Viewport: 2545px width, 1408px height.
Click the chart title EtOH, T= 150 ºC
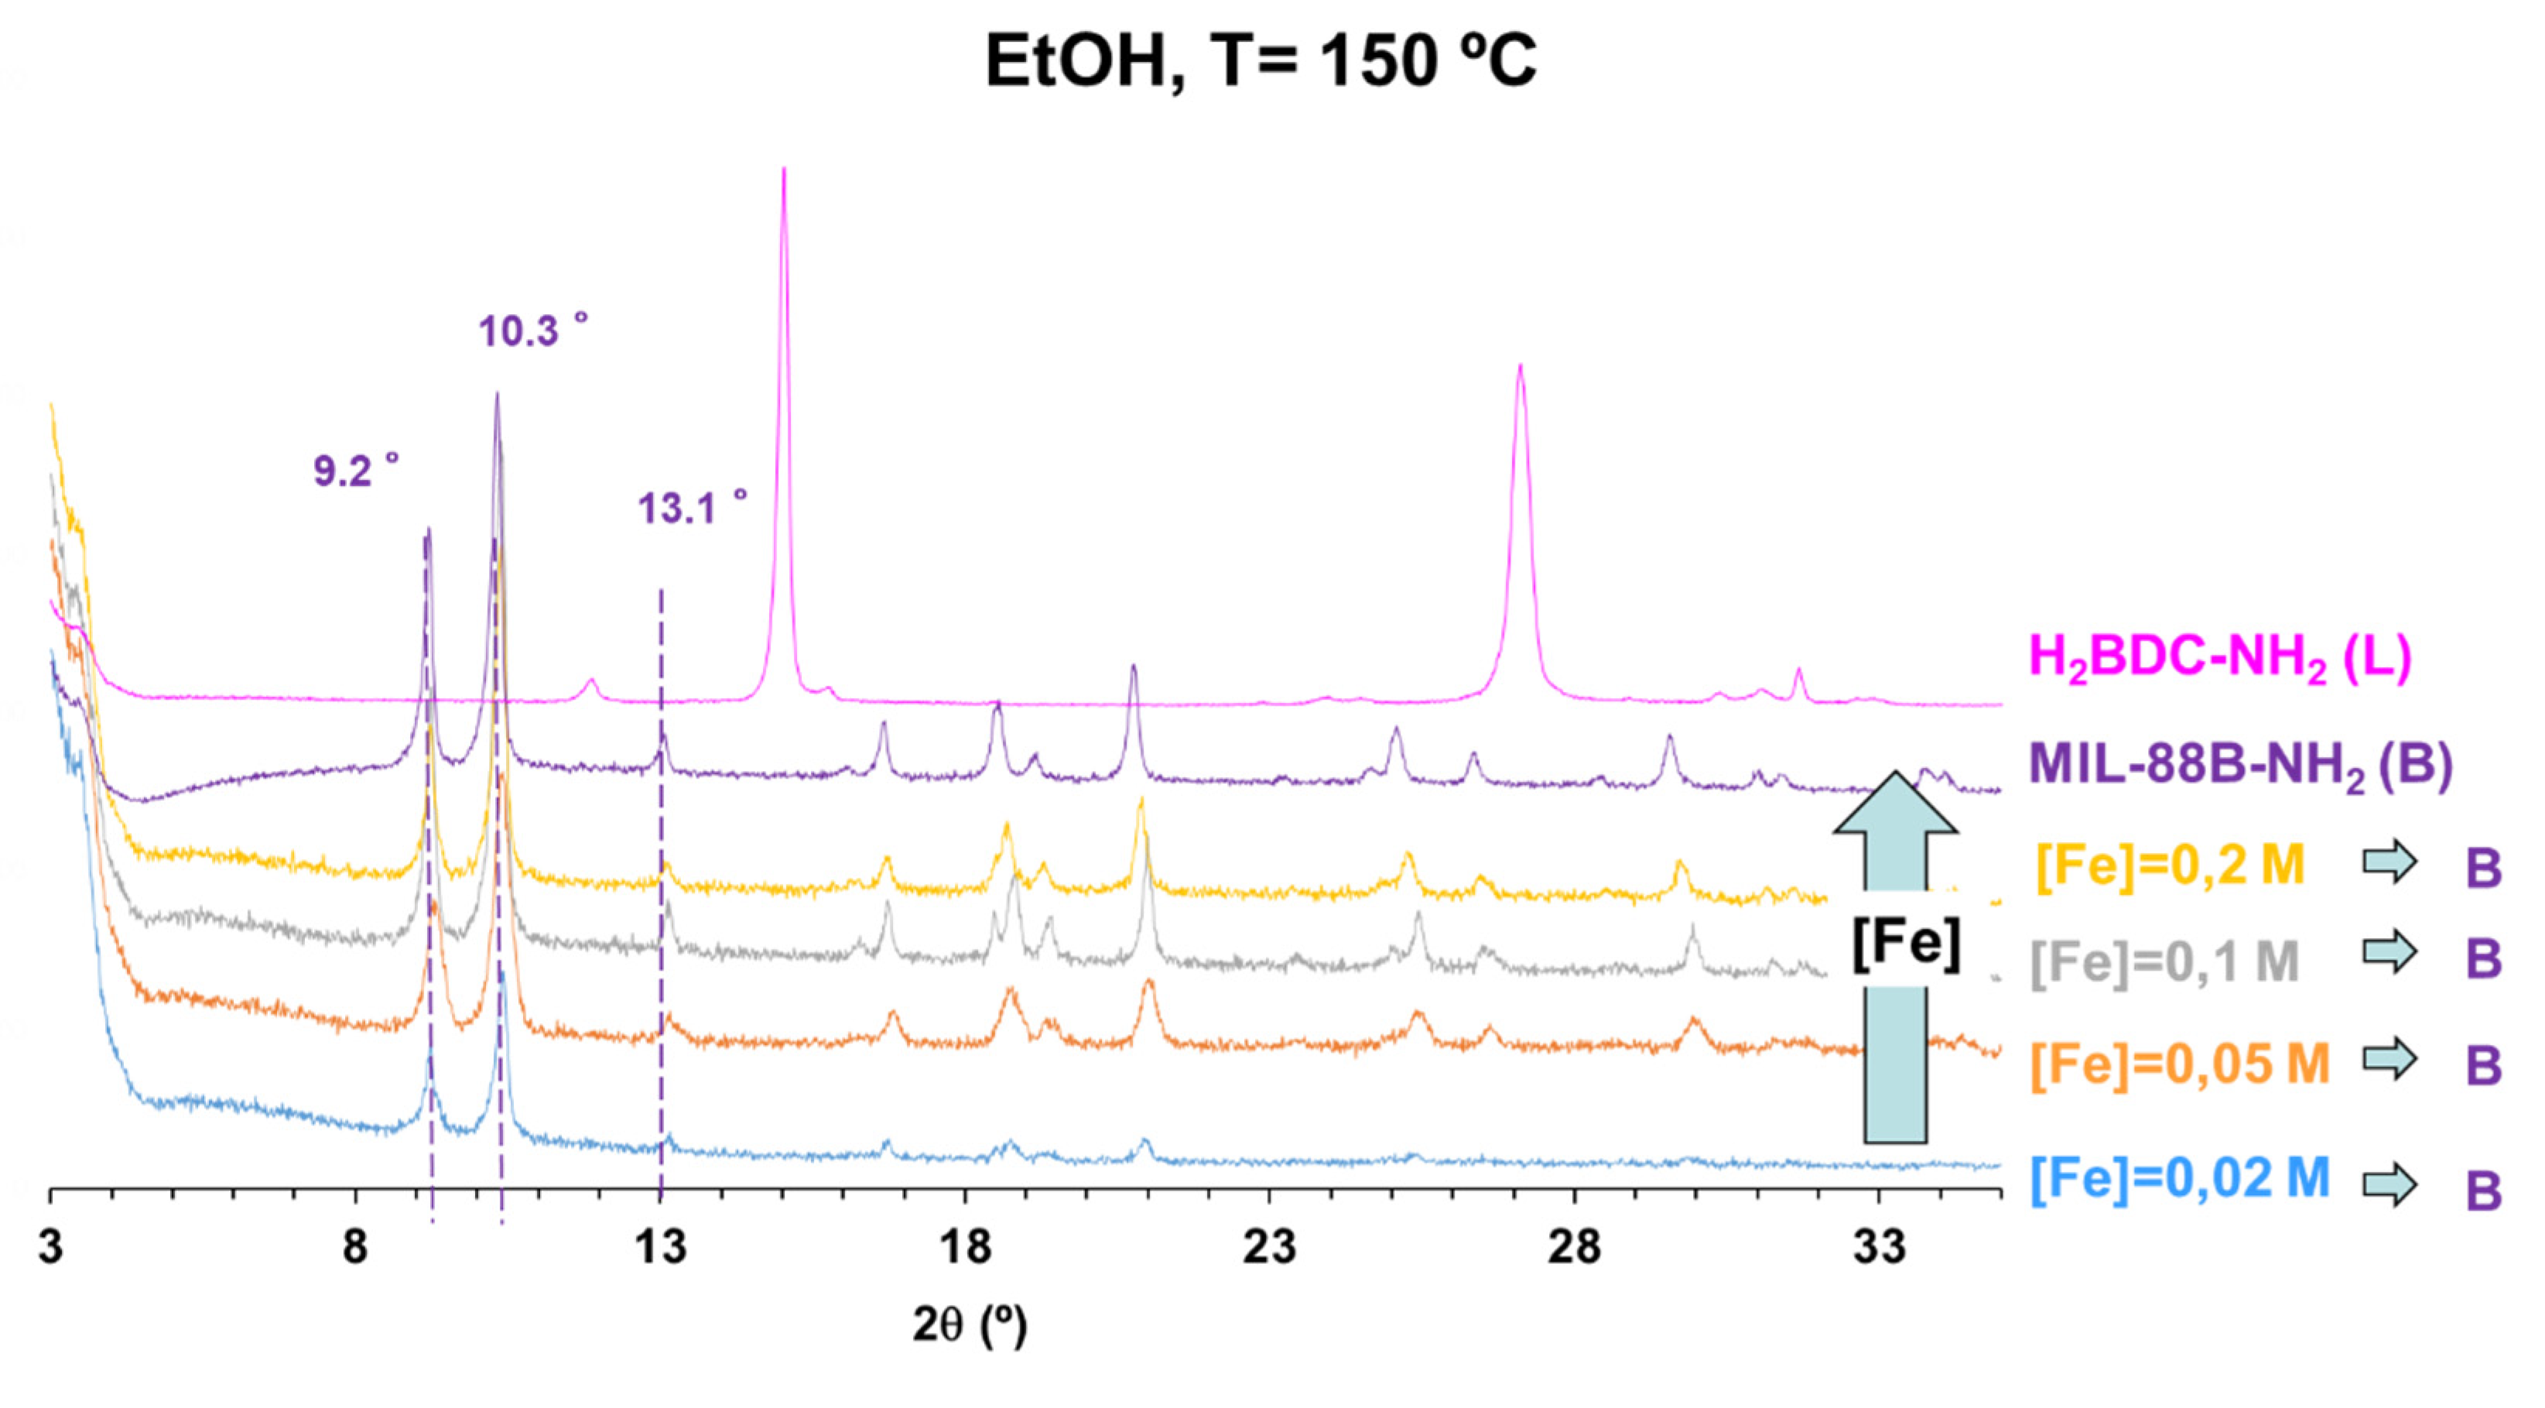click(x=1261, y=61)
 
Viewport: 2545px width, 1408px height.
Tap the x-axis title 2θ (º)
click(x=970, y=1326)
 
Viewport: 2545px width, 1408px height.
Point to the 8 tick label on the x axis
click(x=354, y=1248)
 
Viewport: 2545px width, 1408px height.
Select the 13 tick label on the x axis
click(x=660, y=1248)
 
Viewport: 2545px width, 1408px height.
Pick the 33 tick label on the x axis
click(x=1879, y=1248)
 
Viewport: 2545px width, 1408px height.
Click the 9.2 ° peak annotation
click(x=357, y=471)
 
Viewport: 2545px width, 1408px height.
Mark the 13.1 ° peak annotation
click(x=692, y=508)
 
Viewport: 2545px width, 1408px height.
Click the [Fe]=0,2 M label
click(x=2170, y=865)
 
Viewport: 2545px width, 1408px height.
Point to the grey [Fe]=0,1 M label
click(x=2164, y=961)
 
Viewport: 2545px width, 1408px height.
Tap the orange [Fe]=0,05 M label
click(x=2180, y=1064)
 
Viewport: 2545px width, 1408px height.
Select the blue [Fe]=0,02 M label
click(x=2180, y=1178)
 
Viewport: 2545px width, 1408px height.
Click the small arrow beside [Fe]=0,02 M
click(x=2389, y=1184)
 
